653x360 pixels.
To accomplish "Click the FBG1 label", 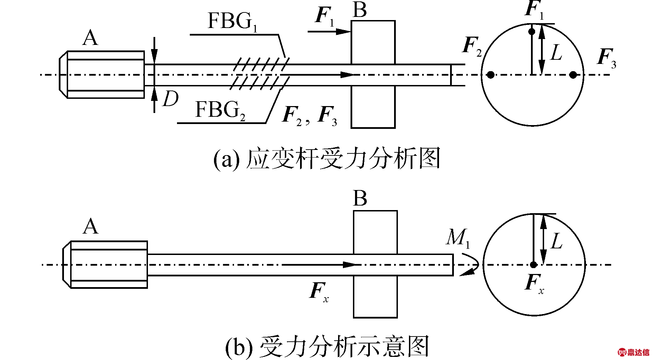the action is (x=233, y=21).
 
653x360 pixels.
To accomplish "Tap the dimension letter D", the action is (x=170, y=99).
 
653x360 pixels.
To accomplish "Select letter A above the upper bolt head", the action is (x=91, y=38).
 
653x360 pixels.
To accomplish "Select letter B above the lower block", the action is (x=360, y=199).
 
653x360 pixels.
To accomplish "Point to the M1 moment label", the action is (x=458, y=238).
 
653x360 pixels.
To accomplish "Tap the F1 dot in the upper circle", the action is (x=532, y=32).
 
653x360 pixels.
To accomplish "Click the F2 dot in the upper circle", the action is (x=491, y=75).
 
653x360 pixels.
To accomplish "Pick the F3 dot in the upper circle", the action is (x=573, y=75).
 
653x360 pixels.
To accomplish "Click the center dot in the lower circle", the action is (x=533, y=265).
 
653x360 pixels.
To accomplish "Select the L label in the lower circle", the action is (x=557, y=241).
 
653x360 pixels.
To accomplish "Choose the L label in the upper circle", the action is (x=556, y=53).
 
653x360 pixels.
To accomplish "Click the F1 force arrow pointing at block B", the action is (x=329, y=32).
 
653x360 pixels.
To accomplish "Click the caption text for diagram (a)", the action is (x=327, y=159).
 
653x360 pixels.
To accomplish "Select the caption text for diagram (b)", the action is (x=327, y=346).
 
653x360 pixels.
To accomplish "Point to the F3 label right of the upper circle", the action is (x=607, y=58).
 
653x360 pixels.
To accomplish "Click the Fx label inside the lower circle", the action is (x=534, y=284).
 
